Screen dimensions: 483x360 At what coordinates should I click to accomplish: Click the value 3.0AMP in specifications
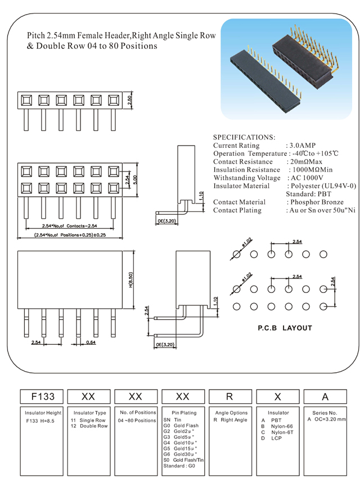[x=304, y=146]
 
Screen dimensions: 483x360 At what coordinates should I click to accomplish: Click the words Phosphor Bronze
[x=317, y=202]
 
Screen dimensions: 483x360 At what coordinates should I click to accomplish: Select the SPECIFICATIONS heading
[x=244, y=137]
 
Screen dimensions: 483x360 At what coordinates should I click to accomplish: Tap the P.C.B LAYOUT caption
[x=285, y=328]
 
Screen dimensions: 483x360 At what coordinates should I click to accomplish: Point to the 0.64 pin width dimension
[x=91, y=342]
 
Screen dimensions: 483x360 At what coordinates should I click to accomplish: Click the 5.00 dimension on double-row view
[x=135, y=179]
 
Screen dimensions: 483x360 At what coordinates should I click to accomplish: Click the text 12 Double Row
[x=89, y=426]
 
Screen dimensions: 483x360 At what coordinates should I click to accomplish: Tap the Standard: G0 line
[x=178, y=466]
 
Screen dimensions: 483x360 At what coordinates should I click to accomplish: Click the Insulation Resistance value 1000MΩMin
[x=312, y=170]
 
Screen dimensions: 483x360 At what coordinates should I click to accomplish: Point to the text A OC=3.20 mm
[x=327, y=419]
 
